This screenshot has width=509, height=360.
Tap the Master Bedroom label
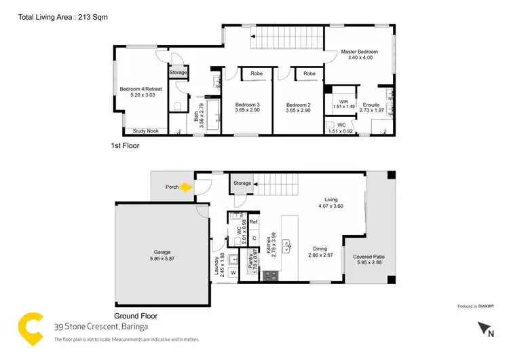(x=359, y=52)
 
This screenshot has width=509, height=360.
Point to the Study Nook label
(x=146, y=131)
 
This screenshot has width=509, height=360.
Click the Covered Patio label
(x=368, y=257)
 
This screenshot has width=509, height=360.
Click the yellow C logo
(x=29, y=327)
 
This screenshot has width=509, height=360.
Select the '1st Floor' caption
(x=124, y=146)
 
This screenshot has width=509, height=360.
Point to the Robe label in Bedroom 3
(x=257, y=73)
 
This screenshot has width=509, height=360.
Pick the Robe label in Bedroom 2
(x=309, y=73)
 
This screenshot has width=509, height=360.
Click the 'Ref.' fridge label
(x=254, y=222)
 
